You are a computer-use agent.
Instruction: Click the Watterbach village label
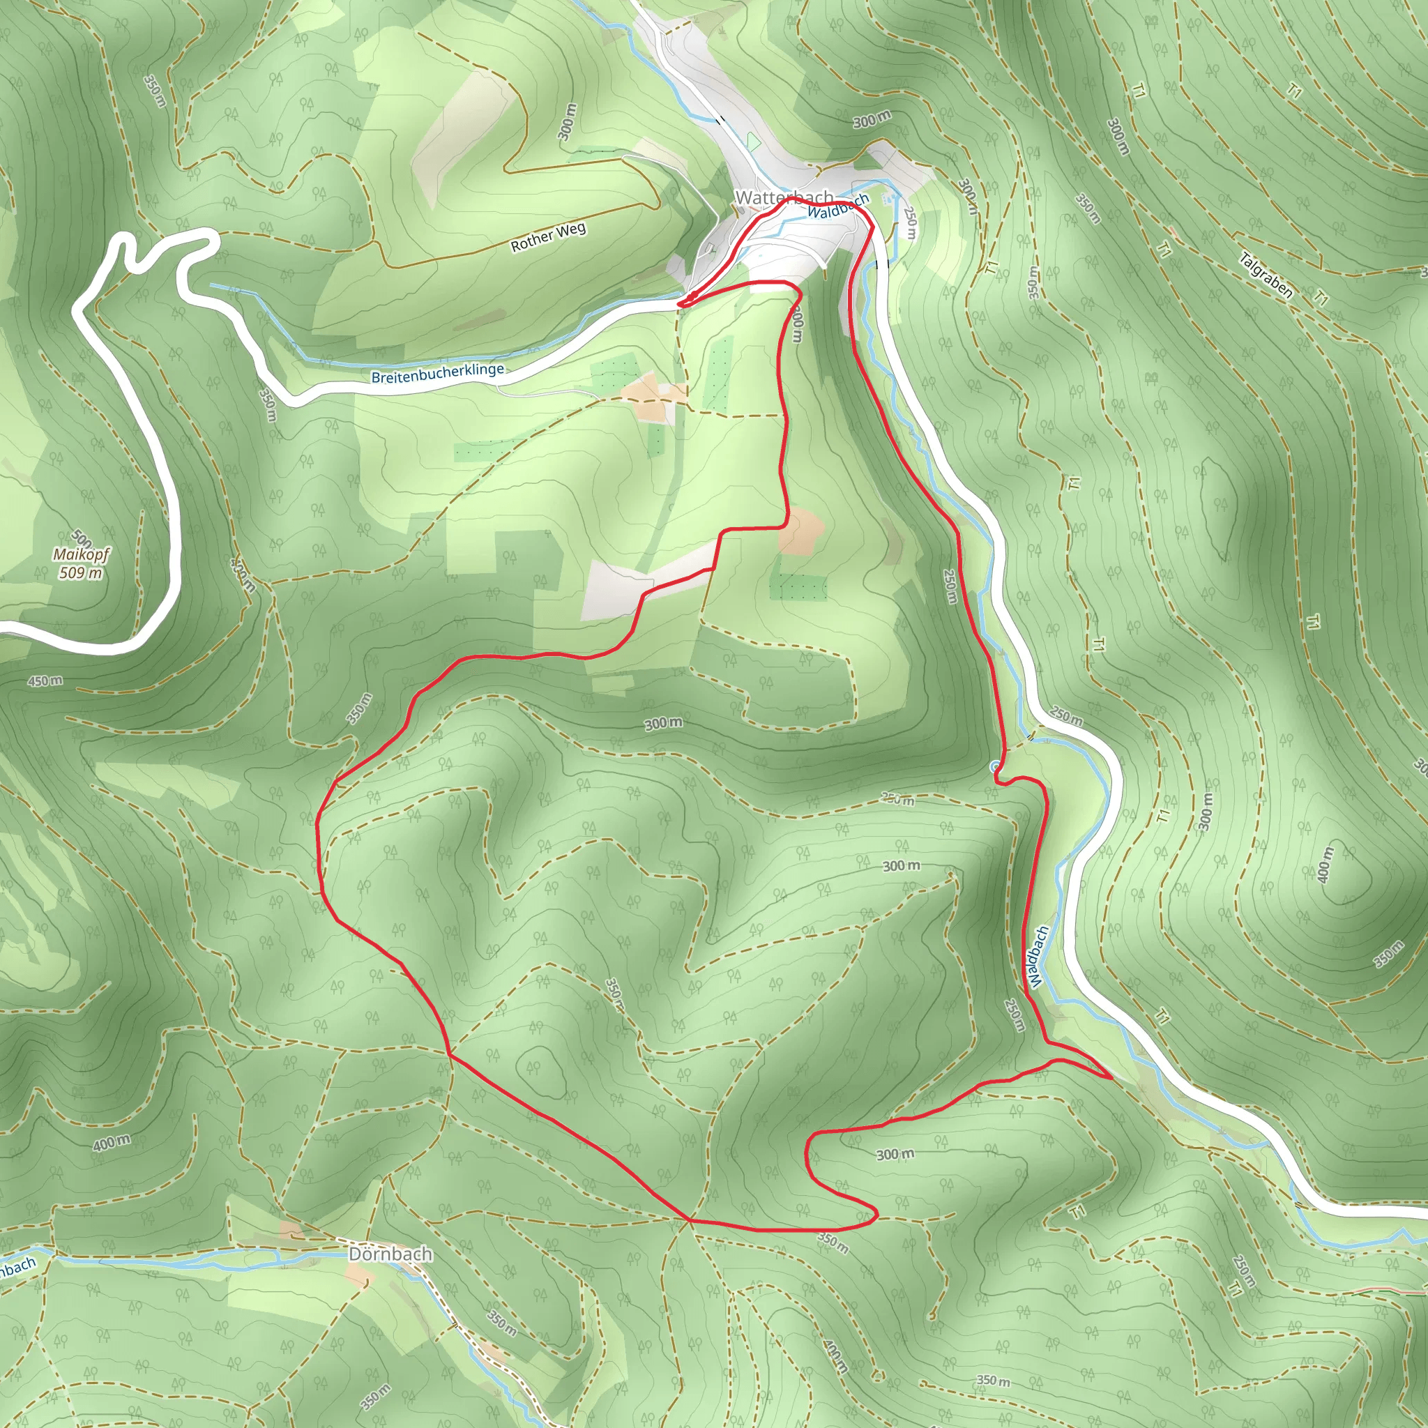point(784,197)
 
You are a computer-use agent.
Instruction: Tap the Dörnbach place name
point(390,1254)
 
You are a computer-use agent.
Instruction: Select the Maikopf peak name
point(82,554)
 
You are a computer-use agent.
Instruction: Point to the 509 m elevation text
point(82,573)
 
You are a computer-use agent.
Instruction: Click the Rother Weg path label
point(549,237)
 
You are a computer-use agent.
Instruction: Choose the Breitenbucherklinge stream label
point(438,374)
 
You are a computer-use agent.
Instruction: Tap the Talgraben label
point(1266,275)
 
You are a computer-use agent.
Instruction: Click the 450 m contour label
point(45,680)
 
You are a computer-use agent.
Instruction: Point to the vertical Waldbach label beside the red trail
point(1038,957)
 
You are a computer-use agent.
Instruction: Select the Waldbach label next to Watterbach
point(837,207)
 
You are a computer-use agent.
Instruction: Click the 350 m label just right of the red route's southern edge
point(833,1243)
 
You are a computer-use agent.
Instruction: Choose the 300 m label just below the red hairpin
point(895,1154)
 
